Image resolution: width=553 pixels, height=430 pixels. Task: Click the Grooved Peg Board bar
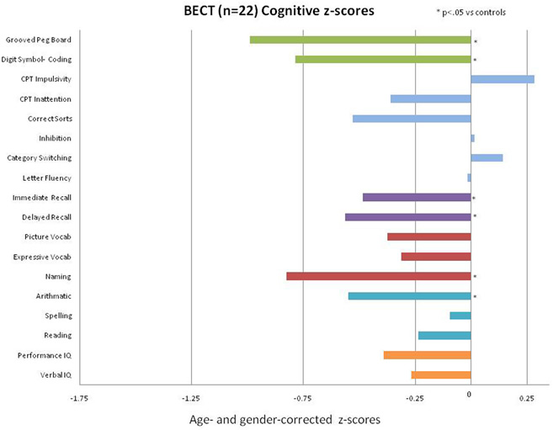point(360,40)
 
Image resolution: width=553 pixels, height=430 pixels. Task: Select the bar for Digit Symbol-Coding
point(383,59)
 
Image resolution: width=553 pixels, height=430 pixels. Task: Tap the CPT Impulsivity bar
point(502,79)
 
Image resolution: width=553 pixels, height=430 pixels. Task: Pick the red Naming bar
point(379,276)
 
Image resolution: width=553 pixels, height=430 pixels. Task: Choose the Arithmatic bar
point(409,296)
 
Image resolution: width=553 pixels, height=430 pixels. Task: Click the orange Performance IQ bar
point(427,355)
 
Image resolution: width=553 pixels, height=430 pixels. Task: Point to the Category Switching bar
point(487,157)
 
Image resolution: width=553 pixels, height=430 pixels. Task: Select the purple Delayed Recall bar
point(407,217)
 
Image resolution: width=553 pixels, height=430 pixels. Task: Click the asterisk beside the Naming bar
point(475,278)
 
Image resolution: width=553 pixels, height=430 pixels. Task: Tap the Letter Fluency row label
point(47,178)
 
